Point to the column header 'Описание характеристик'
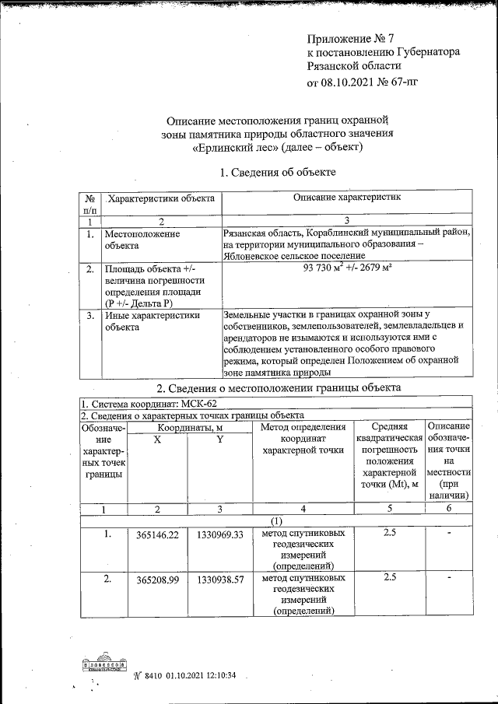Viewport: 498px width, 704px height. [346, 199]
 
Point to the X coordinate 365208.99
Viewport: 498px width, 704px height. [158, 580]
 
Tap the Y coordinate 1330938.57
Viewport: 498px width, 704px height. [220, 580]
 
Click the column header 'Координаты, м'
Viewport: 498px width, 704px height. [189, 427]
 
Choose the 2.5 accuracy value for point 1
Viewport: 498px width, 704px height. [390, 533]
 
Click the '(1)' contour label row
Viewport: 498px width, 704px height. [276, 520]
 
